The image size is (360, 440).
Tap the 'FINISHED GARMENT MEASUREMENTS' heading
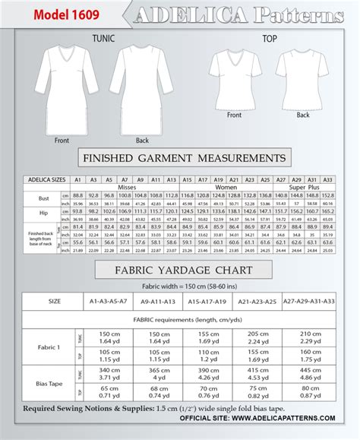tap(183, 158)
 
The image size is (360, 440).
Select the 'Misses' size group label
tap(126, 187)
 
